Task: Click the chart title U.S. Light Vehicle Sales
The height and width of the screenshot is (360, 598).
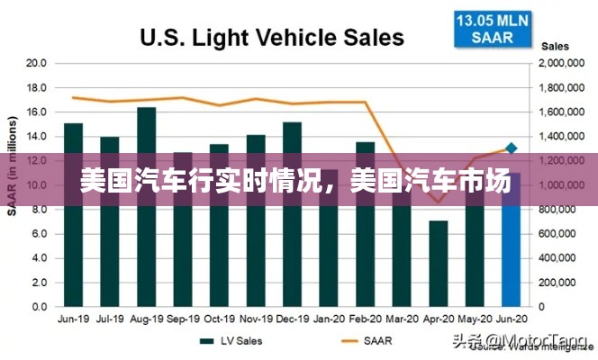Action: click(271, 37)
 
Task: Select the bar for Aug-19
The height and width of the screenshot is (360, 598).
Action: click(147, 207)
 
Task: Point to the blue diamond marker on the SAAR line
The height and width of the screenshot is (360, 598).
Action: click(512, 148)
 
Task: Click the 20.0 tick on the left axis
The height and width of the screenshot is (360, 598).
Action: click(36, 63)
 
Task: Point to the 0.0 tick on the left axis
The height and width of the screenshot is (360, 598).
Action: click(39, 307)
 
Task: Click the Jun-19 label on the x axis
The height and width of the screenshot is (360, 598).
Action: click(73, 319)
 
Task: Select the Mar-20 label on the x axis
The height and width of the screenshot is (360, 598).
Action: click(401, 319)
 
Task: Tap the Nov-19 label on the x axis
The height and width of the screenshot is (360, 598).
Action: click(255, 319)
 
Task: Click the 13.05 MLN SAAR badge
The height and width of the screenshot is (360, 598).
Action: click(492, 28)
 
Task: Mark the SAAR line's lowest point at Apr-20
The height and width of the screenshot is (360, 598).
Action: click(439, 202)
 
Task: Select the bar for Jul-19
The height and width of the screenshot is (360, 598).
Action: click(110, 221)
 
